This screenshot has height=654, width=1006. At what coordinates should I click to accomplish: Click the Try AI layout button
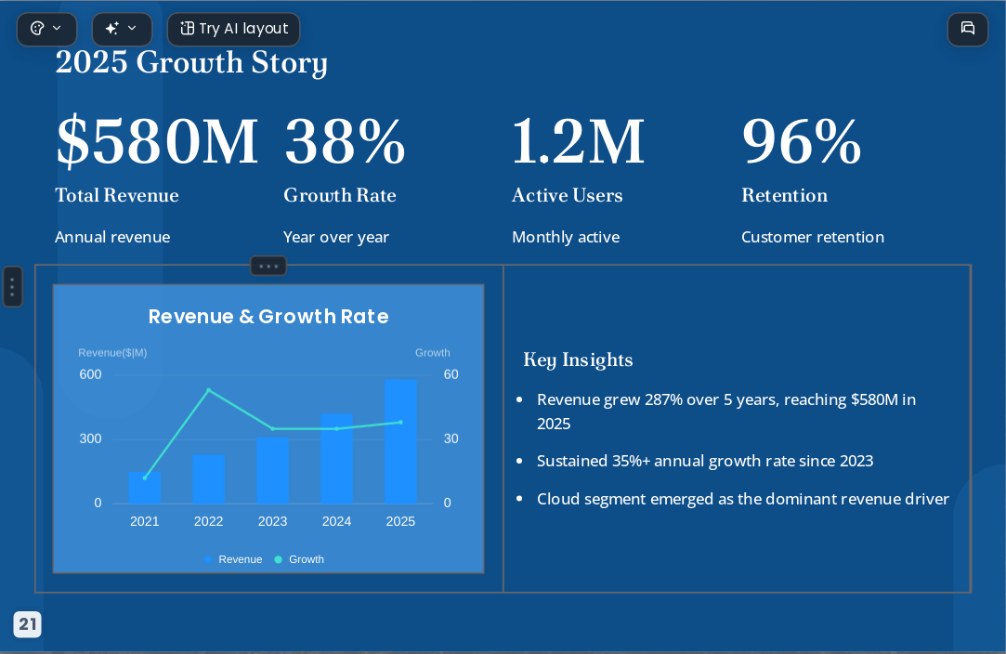click(x=233, y=29)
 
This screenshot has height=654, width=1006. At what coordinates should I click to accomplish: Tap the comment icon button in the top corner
click(x=968, y=29)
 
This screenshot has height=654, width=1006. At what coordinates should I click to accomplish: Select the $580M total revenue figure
click(x=157, y=141)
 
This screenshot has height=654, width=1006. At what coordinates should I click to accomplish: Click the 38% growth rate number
click(x=345, y=141)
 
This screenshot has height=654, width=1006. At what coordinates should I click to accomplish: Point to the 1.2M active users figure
click(x=578, y=141)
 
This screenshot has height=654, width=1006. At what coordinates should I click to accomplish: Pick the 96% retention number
click(x=802, y=141)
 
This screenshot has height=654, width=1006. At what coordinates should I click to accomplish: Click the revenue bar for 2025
click(x=401, y=441)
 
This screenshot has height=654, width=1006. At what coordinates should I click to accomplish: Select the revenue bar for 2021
click(x=145, y=488)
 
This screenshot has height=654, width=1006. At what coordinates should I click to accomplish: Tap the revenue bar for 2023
click(x=273, y=470)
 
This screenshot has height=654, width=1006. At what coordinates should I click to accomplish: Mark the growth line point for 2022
click(x=208, y=389)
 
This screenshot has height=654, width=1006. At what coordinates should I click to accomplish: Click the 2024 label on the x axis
click(x=337, y=521)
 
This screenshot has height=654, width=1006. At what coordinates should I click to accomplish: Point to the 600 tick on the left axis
click(x=90, y=374)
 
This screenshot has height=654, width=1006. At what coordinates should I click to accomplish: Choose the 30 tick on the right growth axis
click(x=451, y=438)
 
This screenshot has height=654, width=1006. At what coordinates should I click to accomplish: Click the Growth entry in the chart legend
click(x=299, y=559)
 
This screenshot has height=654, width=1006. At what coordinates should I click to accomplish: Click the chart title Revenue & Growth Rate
click(x=268, y=317)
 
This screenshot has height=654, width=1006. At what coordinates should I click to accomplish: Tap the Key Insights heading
click(x=578, y=360)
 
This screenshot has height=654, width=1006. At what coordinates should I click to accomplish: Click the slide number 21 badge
click(x=28, y=624)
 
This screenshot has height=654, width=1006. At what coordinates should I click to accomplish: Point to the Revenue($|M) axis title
click(x=113, y=352)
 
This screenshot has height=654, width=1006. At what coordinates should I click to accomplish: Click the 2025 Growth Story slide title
click(x=191, y=63)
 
